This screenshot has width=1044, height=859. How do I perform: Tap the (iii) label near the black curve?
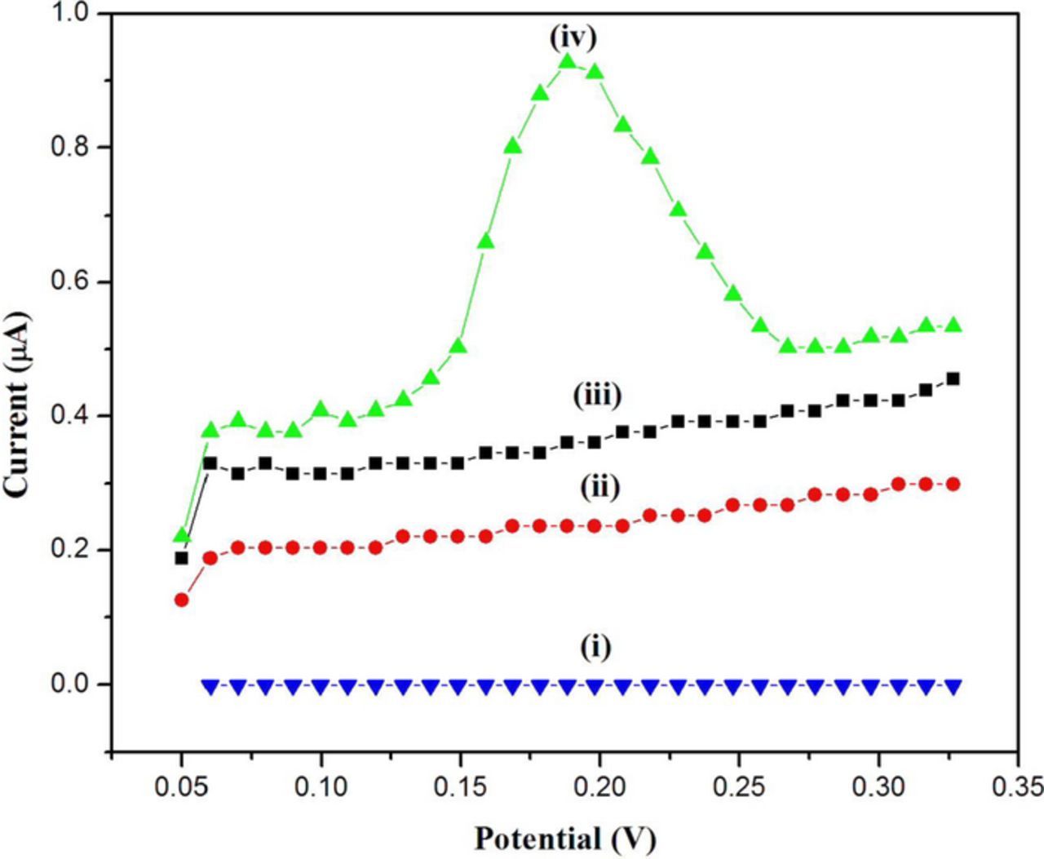[x=597, y=396]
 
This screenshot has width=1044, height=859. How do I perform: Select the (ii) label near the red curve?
[x=600, y=487]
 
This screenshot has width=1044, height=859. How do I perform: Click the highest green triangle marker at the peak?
[x=567, y=62]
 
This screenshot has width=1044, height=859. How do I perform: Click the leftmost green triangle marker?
[x=182, y=536]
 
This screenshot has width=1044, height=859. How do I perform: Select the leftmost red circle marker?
[x=182, y=600]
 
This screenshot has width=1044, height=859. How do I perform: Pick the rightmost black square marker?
[x=953, y=379]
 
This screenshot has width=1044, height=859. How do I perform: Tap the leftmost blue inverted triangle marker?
[x=210, y=686]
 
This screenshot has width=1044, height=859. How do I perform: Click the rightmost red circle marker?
[x=953, y=484]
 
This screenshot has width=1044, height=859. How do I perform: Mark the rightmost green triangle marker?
[x=953, y=325]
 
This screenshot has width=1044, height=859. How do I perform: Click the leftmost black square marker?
[x=182, y=558]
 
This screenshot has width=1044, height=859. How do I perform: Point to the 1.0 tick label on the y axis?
[x=71, y=14]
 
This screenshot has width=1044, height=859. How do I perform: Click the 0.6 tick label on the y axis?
[x=71, y=282]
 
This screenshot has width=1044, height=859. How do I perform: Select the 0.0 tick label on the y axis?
[x=71, y=684]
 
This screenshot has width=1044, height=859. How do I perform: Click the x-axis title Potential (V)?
[x=564, y=838]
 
